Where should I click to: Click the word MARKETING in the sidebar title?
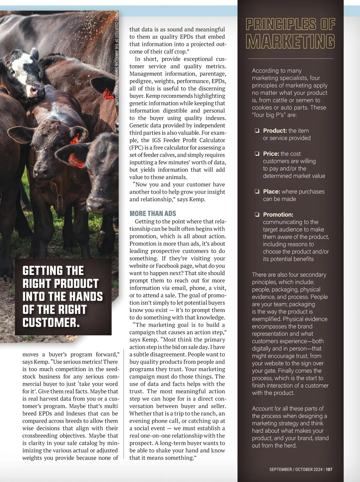click(290, 41)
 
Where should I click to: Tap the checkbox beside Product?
click(257, 131)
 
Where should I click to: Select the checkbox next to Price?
click(257, 154)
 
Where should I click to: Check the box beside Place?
click(257, 191)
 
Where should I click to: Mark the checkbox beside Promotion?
click(257, 215)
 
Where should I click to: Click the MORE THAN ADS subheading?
click(153, 213)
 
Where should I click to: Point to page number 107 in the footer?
click(329, 469)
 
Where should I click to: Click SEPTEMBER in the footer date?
click(280, 469)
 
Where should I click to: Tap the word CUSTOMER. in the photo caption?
click(51, 323)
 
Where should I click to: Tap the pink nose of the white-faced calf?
click(33, 89)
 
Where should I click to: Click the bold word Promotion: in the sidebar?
click(278, 215)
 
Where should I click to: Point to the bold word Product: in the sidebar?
click(275, 131)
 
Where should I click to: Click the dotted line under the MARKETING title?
click(290, 59)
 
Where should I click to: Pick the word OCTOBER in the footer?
click(304, 469)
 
